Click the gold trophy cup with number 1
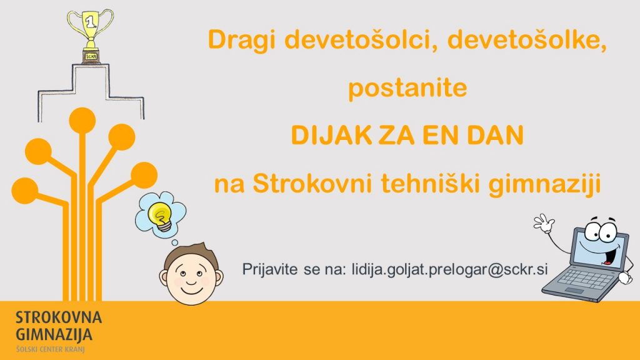90,36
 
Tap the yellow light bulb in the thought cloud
161,216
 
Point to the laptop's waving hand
544,223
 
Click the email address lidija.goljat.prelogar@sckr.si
449,270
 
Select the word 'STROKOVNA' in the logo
59,317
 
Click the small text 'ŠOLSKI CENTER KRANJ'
50,349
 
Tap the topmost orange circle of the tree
82,121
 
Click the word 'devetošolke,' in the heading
527,41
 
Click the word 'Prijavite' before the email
270,270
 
